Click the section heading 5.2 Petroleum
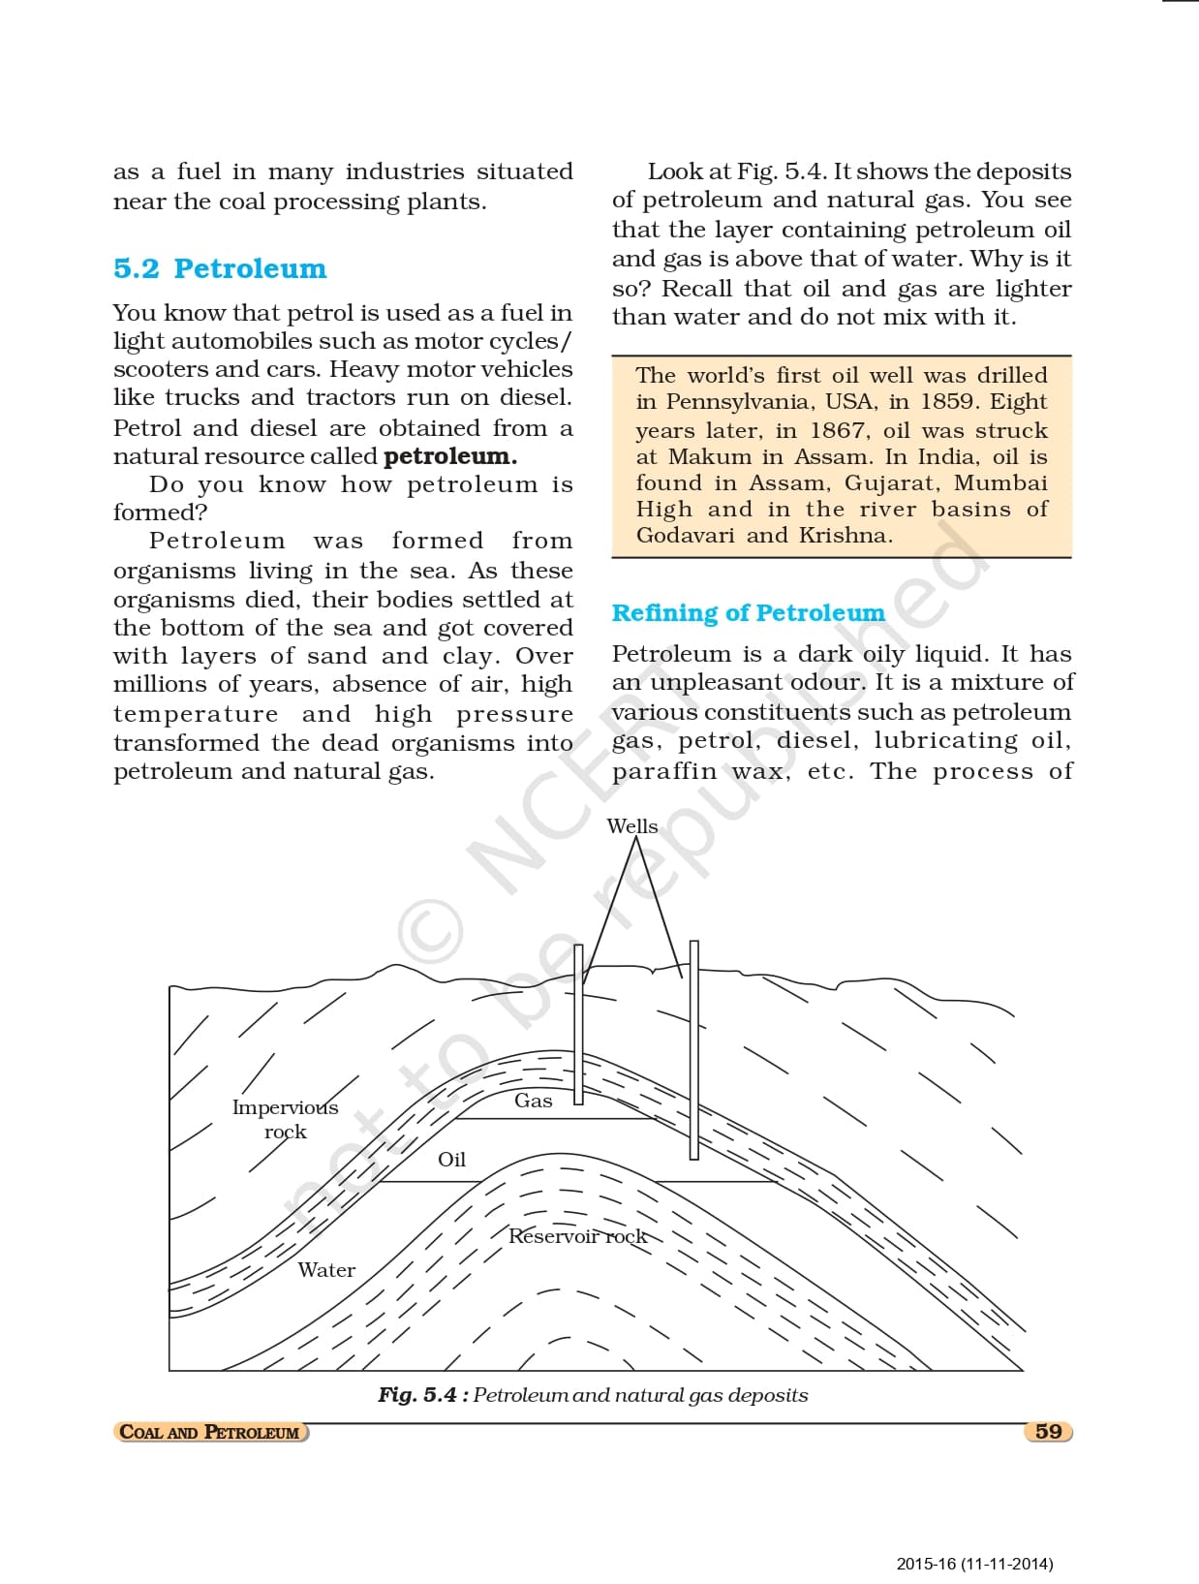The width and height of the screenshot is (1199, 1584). [220, 268]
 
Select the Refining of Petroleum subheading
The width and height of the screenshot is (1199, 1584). [748, 613]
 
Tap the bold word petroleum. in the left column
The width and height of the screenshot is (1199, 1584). [450, 456]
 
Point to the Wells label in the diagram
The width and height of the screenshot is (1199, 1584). [632, 826]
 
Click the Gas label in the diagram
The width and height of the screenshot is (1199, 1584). [534, 1101]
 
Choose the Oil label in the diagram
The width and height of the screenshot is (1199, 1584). [452, 1160]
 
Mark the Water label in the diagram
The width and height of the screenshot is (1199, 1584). [326, 1270]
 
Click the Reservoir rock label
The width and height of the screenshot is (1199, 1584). [578, 1236]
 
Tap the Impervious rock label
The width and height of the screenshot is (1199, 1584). [285, 1119]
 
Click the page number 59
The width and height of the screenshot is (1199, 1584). [1048, 1432]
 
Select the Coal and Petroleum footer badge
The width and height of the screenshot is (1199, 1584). [209, 1432]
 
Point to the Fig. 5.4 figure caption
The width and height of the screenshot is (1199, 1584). [593, 1395]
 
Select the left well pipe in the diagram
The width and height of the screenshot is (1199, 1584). [579, 1024]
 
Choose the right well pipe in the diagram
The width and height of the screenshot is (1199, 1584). [694, 1049]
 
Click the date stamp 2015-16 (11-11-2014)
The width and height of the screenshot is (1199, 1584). [974, 1563]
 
